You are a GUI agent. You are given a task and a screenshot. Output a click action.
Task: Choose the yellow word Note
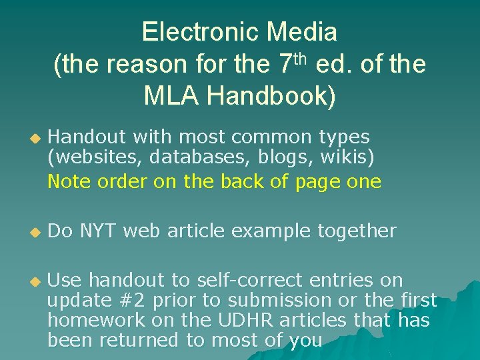[x=66, y=181]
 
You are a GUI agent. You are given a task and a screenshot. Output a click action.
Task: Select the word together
[x=356, y=231]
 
